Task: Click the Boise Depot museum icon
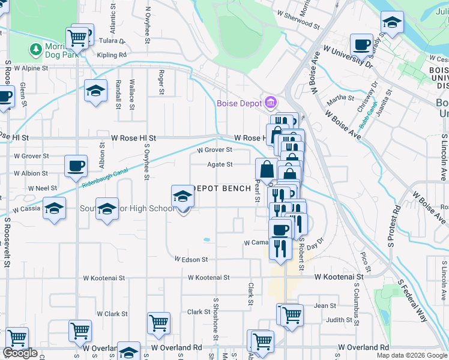(270, 102)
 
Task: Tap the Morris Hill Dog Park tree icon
(35, 48)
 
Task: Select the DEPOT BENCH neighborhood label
(221, 188)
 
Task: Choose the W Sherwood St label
(298, 20)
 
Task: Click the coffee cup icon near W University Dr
(362, 44)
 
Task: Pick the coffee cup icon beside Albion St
(76, 166)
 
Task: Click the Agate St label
(220, 164)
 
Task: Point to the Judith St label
(339, 320)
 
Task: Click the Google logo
(20, 353)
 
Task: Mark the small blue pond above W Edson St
(206, 239)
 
